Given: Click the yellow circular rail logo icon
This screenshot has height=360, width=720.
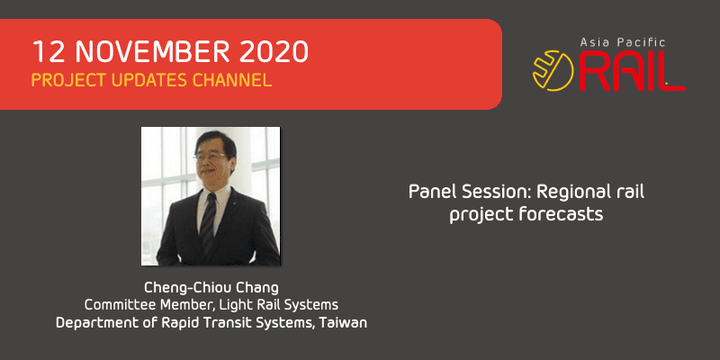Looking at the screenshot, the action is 553,70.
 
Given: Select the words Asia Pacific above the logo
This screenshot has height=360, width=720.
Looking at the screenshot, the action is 623,42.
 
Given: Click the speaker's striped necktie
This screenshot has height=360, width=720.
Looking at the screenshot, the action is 209,221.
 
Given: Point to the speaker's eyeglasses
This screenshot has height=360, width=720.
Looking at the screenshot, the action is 211,156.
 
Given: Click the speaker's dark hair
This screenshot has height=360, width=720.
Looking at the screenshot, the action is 215,141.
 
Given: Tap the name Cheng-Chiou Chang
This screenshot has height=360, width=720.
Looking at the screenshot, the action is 211,288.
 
